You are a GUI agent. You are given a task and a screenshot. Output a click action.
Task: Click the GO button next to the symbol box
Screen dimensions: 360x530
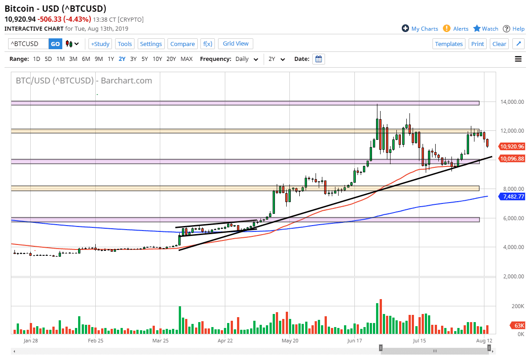[x=55, y=44]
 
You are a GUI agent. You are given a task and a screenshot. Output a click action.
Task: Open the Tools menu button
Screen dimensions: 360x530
[x=125, y=44]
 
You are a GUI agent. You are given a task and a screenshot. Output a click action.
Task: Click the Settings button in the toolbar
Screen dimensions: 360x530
[x=151, y=44]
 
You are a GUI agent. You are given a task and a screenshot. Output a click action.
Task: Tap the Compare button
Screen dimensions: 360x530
[x=182, y=44]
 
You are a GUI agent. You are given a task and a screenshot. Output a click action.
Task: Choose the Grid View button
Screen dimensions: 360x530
[x=236, y=44]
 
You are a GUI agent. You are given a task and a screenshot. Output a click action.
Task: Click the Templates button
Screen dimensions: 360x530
[x=449, y=44]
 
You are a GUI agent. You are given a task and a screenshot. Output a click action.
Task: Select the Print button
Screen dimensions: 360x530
[x=477, y=44]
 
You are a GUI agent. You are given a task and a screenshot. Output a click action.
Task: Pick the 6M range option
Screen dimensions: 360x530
[x=86, y=59]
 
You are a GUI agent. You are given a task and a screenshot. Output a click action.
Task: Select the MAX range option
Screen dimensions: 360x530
[x=186, y=59]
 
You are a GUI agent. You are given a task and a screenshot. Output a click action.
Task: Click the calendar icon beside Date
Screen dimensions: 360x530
[x=318, y=59]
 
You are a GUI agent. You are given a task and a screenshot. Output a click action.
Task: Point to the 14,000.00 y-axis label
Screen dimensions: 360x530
[x=512, y=102]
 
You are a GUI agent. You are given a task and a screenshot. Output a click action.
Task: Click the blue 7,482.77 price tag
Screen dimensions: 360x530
[x=512, y=197]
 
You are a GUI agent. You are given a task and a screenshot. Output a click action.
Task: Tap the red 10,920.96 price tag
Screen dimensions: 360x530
[x=512, y=146]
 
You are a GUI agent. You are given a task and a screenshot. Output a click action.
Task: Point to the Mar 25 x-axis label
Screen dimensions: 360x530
[x=160, y=341]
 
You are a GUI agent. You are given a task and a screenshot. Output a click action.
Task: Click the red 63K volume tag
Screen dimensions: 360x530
[x=519, y=325]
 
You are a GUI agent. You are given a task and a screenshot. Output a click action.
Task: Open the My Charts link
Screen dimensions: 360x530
[x=420, y=28]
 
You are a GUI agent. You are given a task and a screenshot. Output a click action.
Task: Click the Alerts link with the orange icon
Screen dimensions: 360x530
[x=456, y=28]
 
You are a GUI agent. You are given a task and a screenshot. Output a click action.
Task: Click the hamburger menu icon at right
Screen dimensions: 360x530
[x=518, y=59]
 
